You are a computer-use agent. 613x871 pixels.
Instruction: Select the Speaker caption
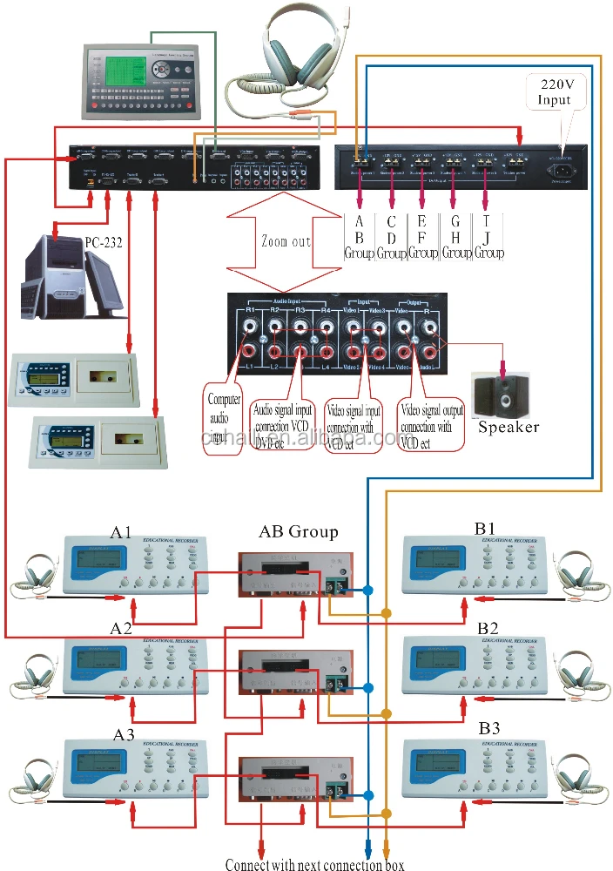[509, 427]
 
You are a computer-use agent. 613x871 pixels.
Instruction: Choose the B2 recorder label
[487, 628]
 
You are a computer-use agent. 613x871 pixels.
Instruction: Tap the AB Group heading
[299, 531]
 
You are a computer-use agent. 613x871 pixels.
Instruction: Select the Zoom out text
[286, 241]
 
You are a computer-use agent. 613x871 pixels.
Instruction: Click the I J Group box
[488, 236]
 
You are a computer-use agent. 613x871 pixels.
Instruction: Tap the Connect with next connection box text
[314, 864]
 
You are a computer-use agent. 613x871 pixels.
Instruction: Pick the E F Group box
[422, 236]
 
